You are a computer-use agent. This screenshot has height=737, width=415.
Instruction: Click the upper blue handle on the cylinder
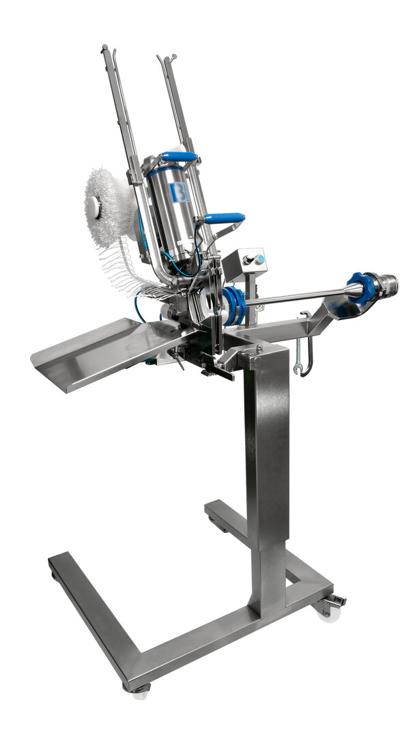(x=180, y=158)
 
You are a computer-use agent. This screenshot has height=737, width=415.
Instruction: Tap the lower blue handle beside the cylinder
(x=225, y=218)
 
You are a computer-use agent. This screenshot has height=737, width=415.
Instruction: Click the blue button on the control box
(x=260, y=259)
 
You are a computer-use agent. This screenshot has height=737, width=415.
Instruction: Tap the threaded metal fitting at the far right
(x=387, y=283)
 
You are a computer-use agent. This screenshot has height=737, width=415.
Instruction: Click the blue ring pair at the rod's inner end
(x=233, y=306)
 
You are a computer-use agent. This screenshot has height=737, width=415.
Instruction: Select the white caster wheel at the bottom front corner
(x=141, y=692)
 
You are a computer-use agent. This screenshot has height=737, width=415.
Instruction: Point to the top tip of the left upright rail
(x=104, y=48)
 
